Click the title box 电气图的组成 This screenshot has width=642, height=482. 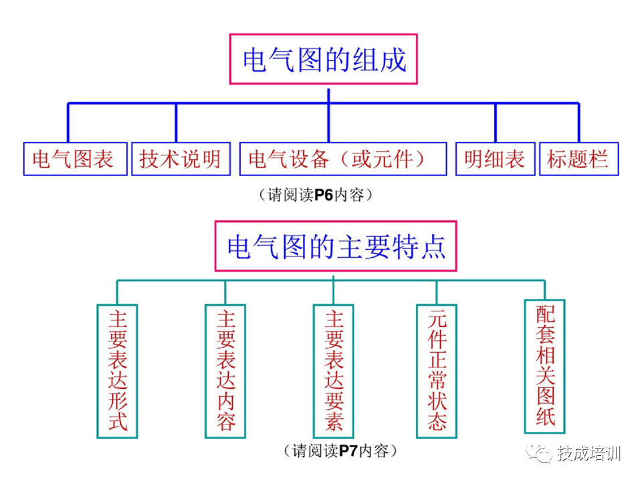[x=324, y=60]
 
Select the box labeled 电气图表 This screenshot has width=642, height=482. [x=75, y=159]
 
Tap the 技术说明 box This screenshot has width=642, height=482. [x=181, y=159]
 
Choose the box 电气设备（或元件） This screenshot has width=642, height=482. [x=342, y=159]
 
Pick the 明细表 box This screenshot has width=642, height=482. [x=495, y=159]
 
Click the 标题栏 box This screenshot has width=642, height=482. [x=578, y=159]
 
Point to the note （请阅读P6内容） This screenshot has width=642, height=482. [x=314, y=195]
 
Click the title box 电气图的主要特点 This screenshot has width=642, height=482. [x=336, y=246]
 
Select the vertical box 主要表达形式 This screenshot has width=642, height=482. [x=117, y=371]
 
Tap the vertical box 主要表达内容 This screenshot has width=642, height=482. [x=225, y=371]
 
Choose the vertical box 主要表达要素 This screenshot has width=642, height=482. [x=334, y=371]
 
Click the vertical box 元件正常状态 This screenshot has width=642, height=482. [x=437, y=371]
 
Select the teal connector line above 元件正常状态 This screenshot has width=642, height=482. [x=437, y=292]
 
